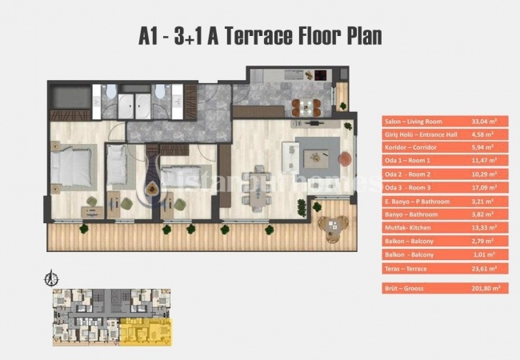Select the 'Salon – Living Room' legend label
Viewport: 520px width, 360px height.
coord(418,122)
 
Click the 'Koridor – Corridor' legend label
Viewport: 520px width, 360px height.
coord(414,148)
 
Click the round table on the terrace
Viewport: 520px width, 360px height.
coord(329,227)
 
